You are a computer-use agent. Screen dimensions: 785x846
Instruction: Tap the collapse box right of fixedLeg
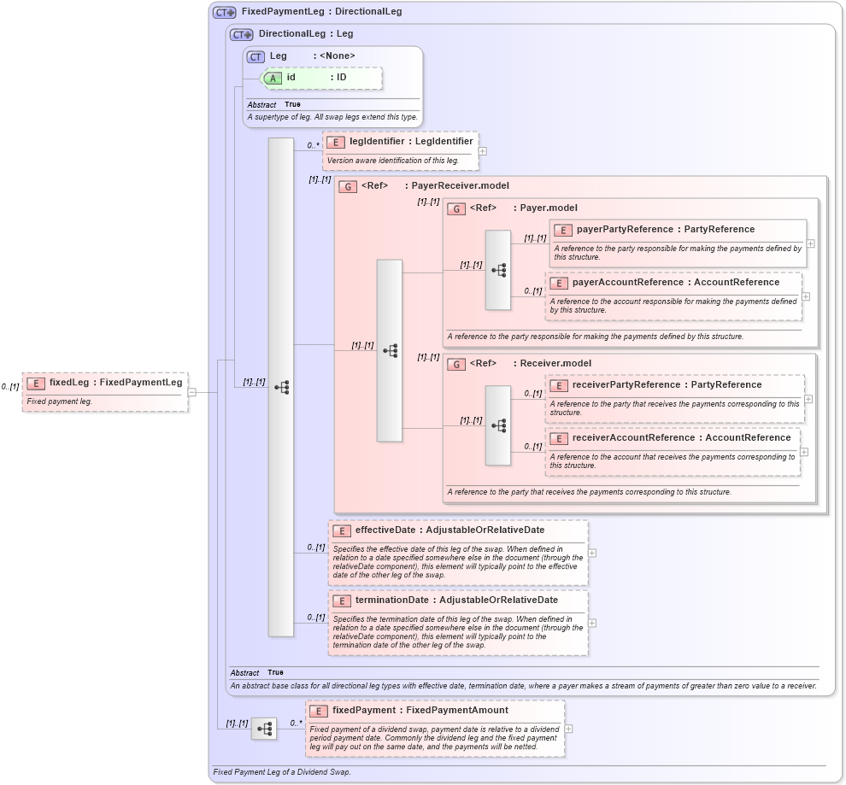(192, 392)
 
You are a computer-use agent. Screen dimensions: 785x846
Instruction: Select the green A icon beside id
(273, 78)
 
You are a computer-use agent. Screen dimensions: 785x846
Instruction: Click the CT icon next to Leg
(256, 56)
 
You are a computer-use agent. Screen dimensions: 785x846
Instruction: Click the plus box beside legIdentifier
(483, 151)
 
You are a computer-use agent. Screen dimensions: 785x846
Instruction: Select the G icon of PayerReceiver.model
(348, 186)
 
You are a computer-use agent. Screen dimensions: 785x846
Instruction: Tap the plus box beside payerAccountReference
(806, 296)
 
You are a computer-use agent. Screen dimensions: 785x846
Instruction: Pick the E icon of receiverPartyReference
(559, 385)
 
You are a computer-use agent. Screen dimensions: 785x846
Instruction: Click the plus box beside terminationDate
(592, 623)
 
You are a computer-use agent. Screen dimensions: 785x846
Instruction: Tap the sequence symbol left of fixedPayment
(264, 729)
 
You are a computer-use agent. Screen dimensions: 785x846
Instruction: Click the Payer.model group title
(549, 208)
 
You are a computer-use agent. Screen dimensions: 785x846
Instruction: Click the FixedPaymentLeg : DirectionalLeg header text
(321, 12)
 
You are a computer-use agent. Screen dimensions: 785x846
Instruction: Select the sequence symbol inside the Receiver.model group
(498, 425)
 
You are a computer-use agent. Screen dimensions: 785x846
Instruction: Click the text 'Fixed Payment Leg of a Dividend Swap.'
(281, 772)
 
